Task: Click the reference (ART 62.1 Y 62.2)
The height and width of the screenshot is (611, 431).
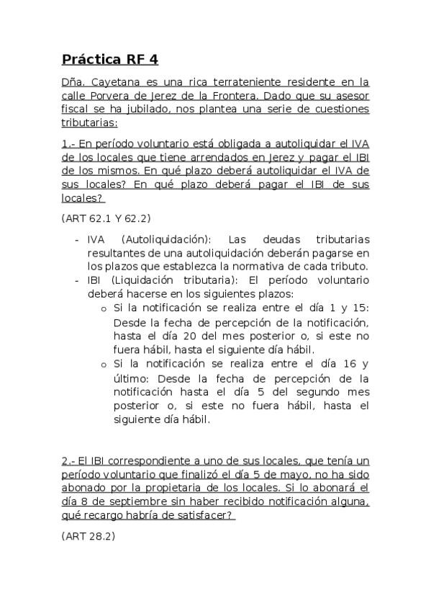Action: pyautogui.click(x=106, y=218)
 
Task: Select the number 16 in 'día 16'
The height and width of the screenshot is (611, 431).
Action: pyautogui.click(x=345, y=364)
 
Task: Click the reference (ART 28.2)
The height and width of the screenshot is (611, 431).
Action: pyautogui.click(x=89, y=536)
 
